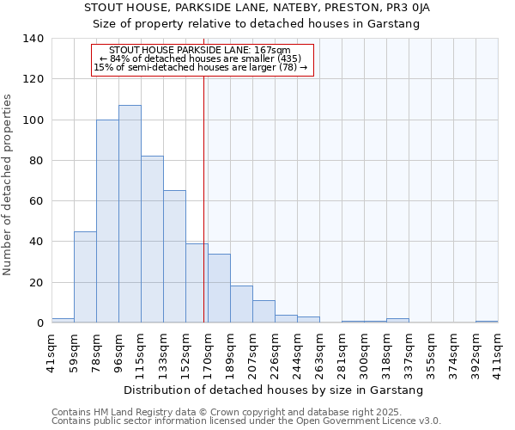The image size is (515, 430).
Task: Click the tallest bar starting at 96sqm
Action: coord(130,214)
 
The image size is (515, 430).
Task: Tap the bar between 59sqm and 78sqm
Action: coord(85,277)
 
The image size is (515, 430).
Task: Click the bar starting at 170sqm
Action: coord(219,288)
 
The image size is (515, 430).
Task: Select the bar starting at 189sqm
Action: coord(241,304)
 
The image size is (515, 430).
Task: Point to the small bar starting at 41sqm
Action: coord(63,321)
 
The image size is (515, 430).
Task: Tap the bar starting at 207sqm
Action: coord(264,311)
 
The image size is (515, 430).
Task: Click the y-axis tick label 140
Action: coord(33,39)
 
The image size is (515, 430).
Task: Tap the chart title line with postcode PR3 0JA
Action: coord(257,8)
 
